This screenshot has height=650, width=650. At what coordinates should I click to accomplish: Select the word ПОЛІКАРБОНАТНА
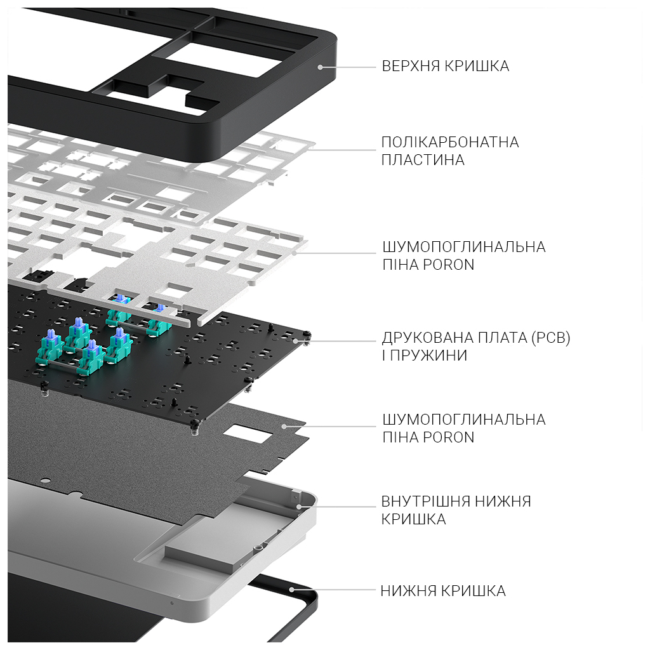[x=450, y=142]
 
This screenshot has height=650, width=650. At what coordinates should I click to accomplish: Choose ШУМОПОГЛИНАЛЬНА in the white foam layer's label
[x=463, y=246]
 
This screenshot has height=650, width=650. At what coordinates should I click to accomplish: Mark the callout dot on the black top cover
[x=320, y=66]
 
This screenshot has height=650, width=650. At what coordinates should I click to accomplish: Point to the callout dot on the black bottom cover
[x=292, y=590]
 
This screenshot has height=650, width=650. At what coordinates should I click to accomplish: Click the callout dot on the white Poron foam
[x=296, y=253]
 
